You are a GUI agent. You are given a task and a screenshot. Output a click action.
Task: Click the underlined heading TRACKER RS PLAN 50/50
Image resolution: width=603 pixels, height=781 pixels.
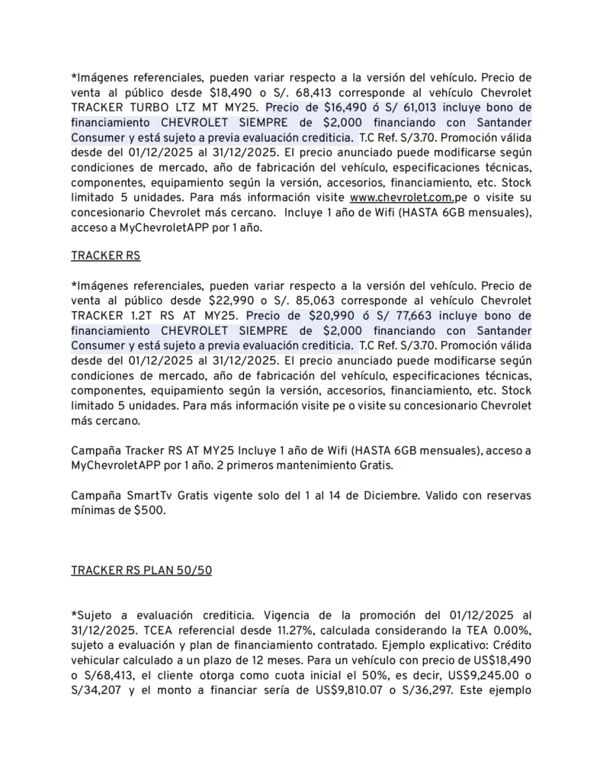pyautogui.click(x=141, y=570)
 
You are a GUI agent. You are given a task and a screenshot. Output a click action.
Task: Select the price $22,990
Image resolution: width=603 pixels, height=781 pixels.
pyautogui.click(x=232, y=300)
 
